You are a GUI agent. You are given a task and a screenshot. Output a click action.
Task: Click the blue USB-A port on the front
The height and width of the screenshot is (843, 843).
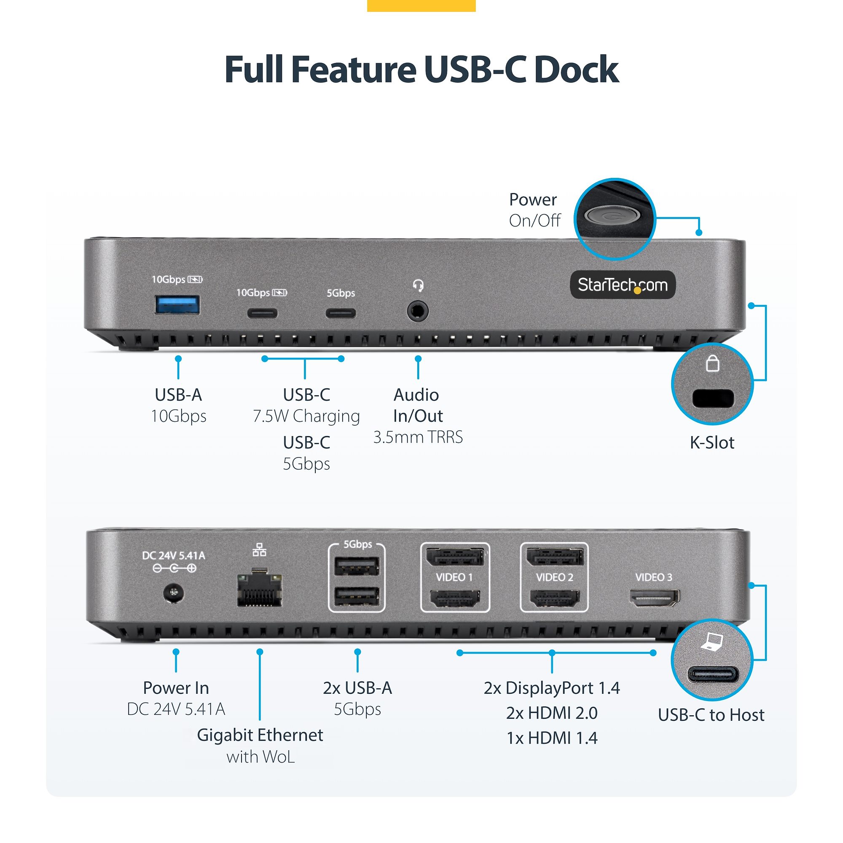pyautogui.click(x=177, y=305)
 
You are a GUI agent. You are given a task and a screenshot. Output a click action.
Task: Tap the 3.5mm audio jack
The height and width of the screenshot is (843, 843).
pyautogui.click(x=418, y=311)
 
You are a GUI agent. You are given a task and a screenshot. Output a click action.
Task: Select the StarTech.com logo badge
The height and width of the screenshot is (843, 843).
pyautogui.click(x=623, y=285)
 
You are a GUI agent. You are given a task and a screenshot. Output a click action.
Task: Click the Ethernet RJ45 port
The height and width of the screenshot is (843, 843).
pyautogui.click(x=260, y=590)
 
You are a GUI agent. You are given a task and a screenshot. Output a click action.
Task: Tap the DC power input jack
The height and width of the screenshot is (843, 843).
pyautogui.click(x=174, y=593)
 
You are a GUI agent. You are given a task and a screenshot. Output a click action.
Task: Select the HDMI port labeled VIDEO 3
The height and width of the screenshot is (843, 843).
pyautogui.click(x=654, y=597)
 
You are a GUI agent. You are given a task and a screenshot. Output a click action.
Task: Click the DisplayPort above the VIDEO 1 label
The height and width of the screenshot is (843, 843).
pyautogui.click(x=455, y=557)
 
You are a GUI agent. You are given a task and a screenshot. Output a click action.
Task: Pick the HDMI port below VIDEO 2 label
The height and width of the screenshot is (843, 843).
pyautogui.click(x=555, y=598)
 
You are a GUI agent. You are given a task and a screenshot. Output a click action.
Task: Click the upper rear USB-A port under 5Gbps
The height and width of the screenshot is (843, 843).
pyautogui.click(x=357, y=567)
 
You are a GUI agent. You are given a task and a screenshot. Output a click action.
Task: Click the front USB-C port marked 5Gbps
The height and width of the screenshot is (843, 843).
pyautogui.click(x=341, y=313)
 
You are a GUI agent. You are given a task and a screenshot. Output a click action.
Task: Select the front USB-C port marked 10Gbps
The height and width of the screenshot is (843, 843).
pyautogui.click(x=262, y=313)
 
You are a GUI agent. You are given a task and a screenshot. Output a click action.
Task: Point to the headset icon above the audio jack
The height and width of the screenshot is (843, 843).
pyautogui.click(x=418, y=286)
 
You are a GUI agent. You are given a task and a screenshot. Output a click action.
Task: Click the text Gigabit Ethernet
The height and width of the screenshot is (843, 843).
pyautogui.click(x=260, y=735)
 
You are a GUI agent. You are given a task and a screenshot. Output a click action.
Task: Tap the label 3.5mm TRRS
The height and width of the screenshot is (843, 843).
pyautogui.click(x=418, y=437)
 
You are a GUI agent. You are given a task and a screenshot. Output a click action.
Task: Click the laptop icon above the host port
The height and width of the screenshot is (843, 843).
pyautogui.click(x=712, y=642)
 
